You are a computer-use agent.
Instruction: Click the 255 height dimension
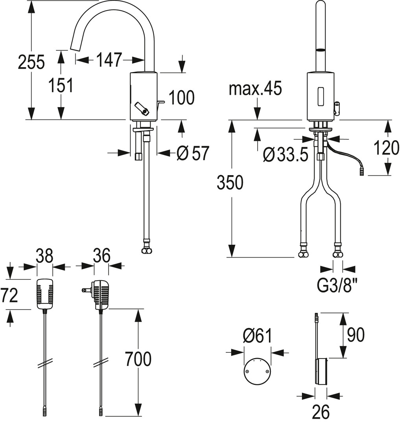[31, 62]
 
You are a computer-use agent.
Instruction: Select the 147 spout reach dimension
[109, 60]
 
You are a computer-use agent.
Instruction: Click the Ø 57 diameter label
[193, 153]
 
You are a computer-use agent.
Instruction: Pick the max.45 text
[255, 88]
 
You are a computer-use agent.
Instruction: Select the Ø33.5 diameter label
[286, 155]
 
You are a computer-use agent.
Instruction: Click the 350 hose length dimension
[230, 183]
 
